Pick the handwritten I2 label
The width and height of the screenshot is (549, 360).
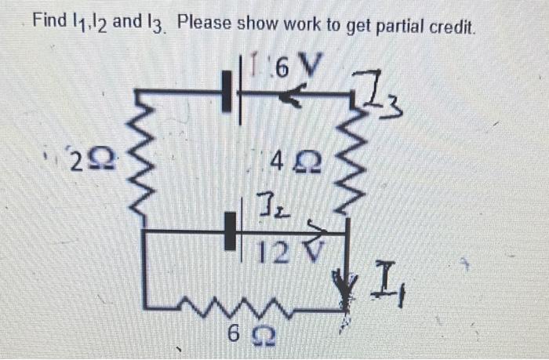(265, 209)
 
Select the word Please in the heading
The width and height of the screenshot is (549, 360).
(205, 24)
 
